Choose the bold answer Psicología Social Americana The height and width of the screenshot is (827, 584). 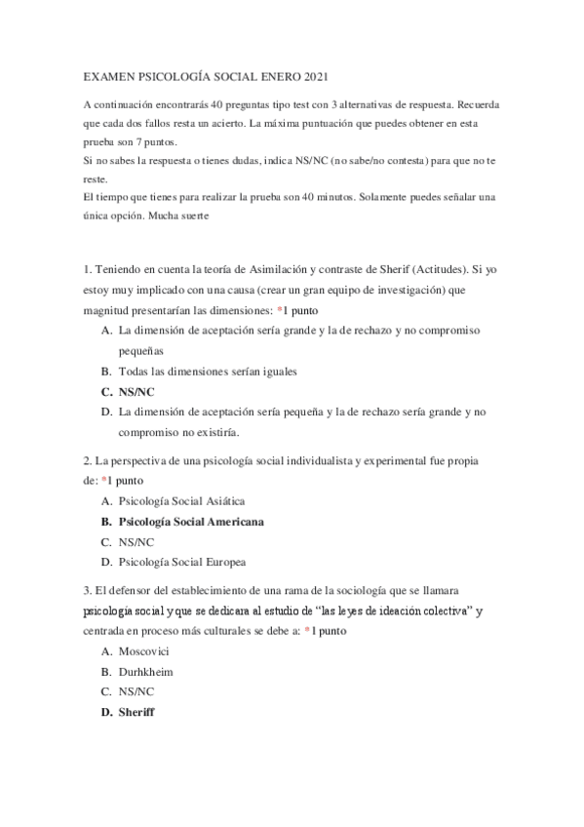coord(191,521)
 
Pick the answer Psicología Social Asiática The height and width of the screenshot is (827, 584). coord(175,500)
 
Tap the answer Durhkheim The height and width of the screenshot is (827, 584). coord(147,671)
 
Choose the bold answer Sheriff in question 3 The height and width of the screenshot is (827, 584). coord(136,712)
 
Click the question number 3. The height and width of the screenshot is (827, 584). coord(87,591)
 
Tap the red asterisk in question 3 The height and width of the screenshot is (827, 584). coord(308,631)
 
